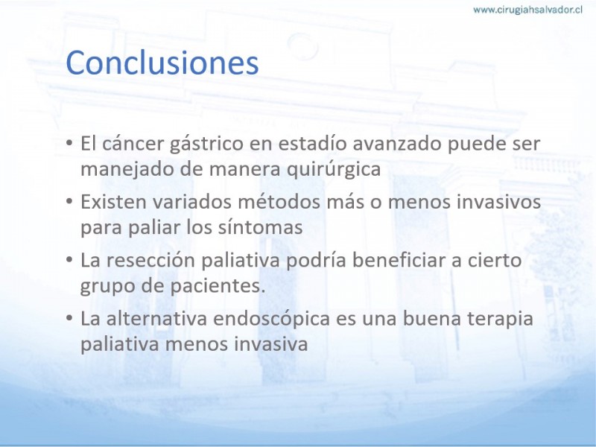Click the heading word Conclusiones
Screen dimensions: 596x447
pos(162,63)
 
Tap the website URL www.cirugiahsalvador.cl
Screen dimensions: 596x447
pos(527,10)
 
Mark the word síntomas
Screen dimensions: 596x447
pos(260,227)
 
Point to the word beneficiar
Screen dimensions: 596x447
pos(399,260)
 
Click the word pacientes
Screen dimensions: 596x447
pos(217,286)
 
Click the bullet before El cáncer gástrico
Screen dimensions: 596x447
pos(69,143)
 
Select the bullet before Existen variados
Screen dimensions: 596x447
pos(69,201)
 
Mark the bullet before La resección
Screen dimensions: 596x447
pos(69,259)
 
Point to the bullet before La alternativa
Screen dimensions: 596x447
pos(69,318)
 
